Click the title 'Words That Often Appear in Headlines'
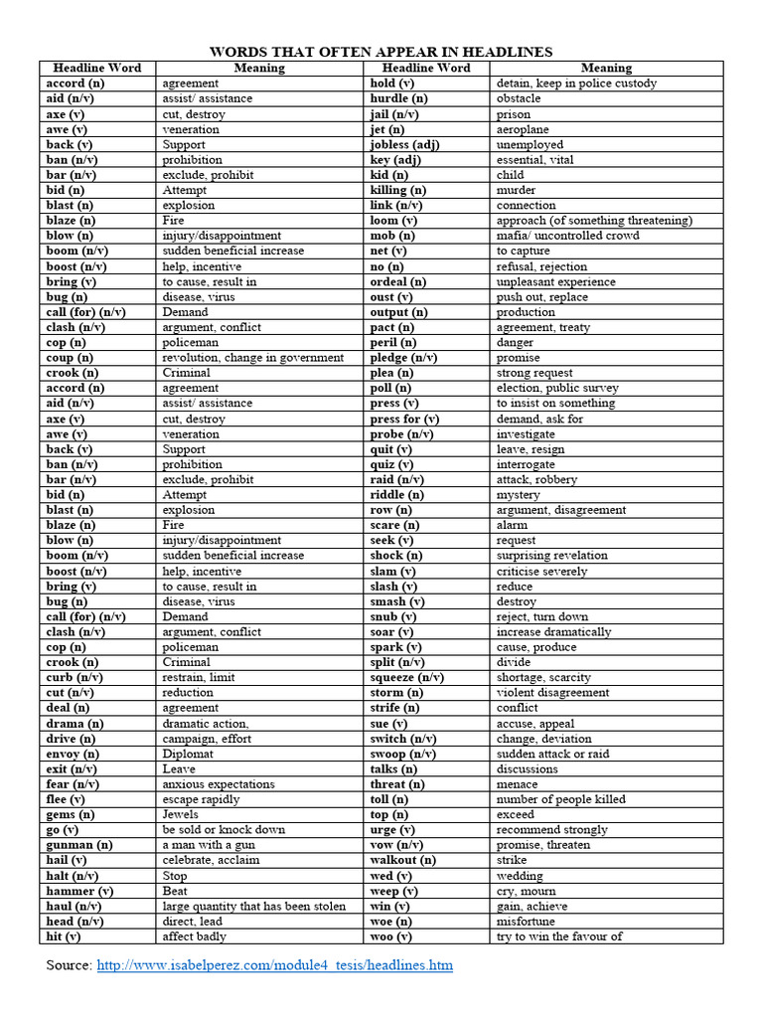[x=381, y=52]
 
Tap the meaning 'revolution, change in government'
[x=252, y=358]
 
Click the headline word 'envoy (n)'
[x=73, y=754]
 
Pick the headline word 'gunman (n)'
[x=79, y=845]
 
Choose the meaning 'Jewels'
[x=181, y=814]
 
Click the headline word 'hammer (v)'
[x=79, y=891]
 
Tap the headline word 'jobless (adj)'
[x=404, y=144]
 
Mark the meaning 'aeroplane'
[x=523, y=129]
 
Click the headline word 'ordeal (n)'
[x=398, y=281]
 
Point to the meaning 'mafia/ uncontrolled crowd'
[x=567, y=236]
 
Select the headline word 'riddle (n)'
[x=396, y=494]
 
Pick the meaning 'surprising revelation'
[x=551, y=556]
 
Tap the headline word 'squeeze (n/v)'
[x=406, y=677]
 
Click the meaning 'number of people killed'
[x=560, y=799]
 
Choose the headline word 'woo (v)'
[x=390, y=936]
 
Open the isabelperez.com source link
[x=274, y=965]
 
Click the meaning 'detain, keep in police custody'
[x=576, y=84]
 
